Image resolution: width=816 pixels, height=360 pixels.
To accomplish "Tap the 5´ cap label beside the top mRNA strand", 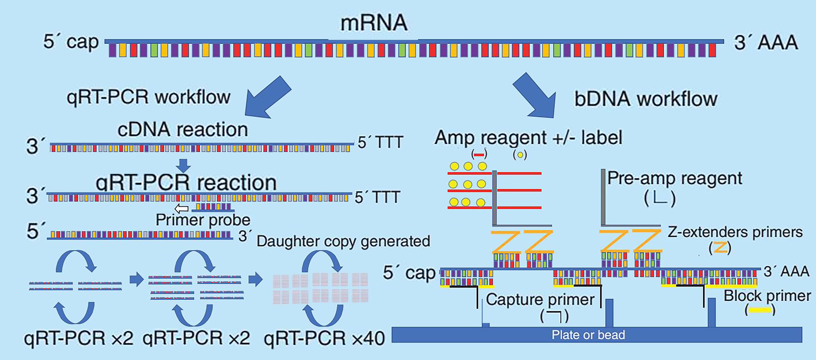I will pyautogui.click(x=71, y=42).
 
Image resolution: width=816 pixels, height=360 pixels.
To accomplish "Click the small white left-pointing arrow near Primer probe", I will pyautogui.click(x=182, y=209).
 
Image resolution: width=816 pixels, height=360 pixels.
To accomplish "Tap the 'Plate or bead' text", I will pyautogui.click(x=588, y=335).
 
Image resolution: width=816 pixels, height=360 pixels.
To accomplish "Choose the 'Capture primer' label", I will pyautogui.click(x=540, y=299).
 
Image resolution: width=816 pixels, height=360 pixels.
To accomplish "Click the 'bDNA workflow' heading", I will pyautogui.click(x=646, y=99).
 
